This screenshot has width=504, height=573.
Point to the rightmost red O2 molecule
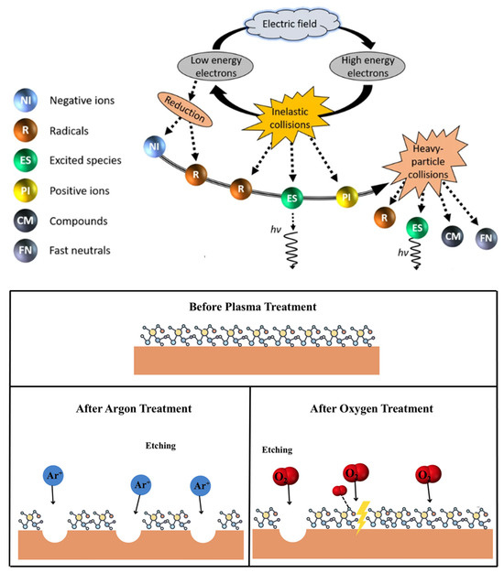428,477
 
